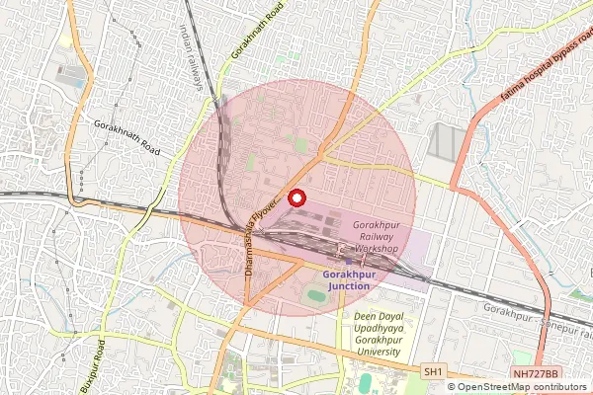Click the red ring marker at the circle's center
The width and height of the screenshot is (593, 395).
[296, 197]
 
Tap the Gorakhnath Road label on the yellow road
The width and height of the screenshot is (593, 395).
[256, 30]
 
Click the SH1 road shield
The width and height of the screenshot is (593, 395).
[433, 371]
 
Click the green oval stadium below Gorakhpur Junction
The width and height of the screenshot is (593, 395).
[315, 295]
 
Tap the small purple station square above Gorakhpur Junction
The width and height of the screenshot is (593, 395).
[342, 264]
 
